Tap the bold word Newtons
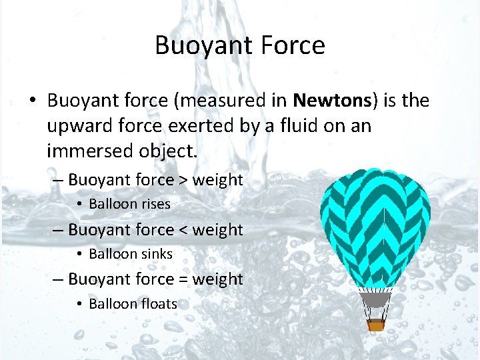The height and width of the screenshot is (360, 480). (332, 101)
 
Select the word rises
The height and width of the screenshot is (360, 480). (155, 204)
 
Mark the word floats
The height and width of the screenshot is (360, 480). (159, 304)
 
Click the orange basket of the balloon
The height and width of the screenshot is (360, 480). (376, 325)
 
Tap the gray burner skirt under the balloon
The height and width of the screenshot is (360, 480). (376, 300)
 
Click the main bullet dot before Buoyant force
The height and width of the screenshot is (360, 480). (32, 101)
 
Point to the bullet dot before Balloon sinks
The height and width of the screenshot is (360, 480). (79, 255)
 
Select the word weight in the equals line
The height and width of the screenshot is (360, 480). (217, 279)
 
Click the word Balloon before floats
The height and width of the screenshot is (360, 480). (113, 304)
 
